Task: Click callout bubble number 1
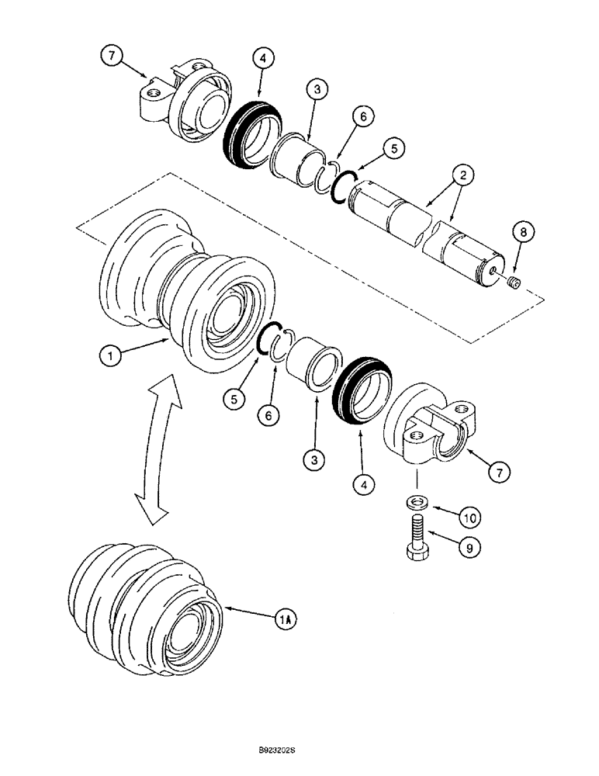click(x=110, y=356)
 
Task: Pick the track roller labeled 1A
click(x=147, y=605)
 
